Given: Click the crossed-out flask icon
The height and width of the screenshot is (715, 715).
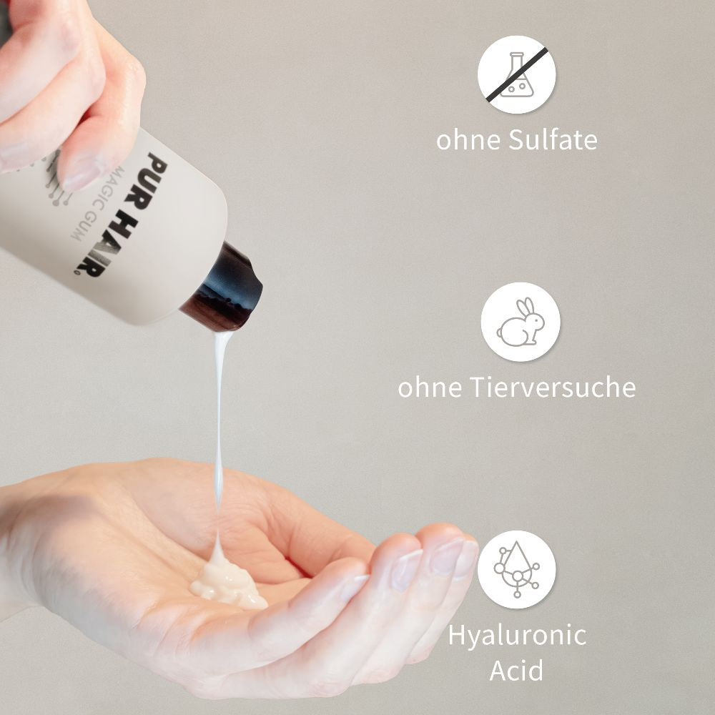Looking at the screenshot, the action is point(517,74).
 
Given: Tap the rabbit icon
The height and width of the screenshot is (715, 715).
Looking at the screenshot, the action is point(521,322).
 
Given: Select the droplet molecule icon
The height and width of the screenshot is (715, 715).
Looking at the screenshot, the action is point(517,570).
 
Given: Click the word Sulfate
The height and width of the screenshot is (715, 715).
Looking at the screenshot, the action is point(552,139).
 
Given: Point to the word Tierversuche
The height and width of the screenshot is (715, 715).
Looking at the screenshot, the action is point(552,387).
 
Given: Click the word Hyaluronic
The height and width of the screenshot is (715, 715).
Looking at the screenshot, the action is point(517,636).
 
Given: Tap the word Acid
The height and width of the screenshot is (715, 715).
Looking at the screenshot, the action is point(517,670).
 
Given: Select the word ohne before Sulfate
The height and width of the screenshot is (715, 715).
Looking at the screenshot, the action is point(468,139).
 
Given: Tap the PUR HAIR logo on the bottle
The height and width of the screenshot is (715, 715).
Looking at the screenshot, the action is point(121,214).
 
